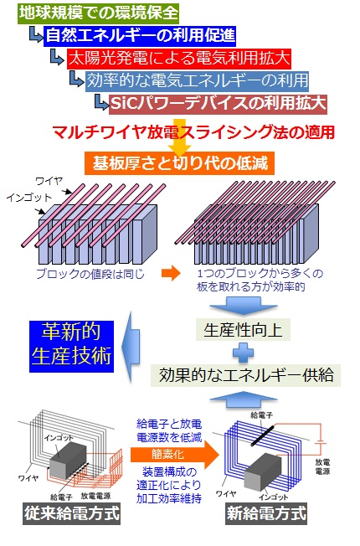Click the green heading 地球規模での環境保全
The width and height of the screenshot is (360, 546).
coord(98,13)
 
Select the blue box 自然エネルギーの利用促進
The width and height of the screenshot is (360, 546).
coord(140,36)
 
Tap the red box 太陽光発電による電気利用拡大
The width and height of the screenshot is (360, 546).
coord(179,58)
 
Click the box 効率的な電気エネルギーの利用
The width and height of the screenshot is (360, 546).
coord(197,80)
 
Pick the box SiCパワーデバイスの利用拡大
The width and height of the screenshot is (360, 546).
coord(219,103)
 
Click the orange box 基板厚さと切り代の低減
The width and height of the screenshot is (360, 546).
coord(180,162)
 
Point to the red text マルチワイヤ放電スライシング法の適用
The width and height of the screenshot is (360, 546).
coord(193,132)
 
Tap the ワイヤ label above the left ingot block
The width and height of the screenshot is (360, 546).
coord(49,181)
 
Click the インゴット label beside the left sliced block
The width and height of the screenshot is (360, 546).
coord(29,198)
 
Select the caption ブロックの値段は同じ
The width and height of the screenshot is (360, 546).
coord(90,274)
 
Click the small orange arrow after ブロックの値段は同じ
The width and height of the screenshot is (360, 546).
coord(171,273)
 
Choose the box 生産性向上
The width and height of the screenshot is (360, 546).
coord(243,330)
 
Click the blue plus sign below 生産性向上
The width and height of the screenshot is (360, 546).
coord(243,353)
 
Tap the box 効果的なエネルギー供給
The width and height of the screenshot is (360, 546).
coord(246,375)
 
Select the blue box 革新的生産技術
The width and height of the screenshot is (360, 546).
coord(71,346)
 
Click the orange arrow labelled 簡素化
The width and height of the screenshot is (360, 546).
coord(175,455)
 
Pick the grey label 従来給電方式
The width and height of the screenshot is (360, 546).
coord(72,513)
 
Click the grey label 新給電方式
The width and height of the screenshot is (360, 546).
coord(266,513)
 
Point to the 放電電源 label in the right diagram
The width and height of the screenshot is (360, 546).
coord(323,466)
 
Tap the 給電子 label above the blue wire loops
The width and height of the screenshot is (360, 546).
coord(262,415)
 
